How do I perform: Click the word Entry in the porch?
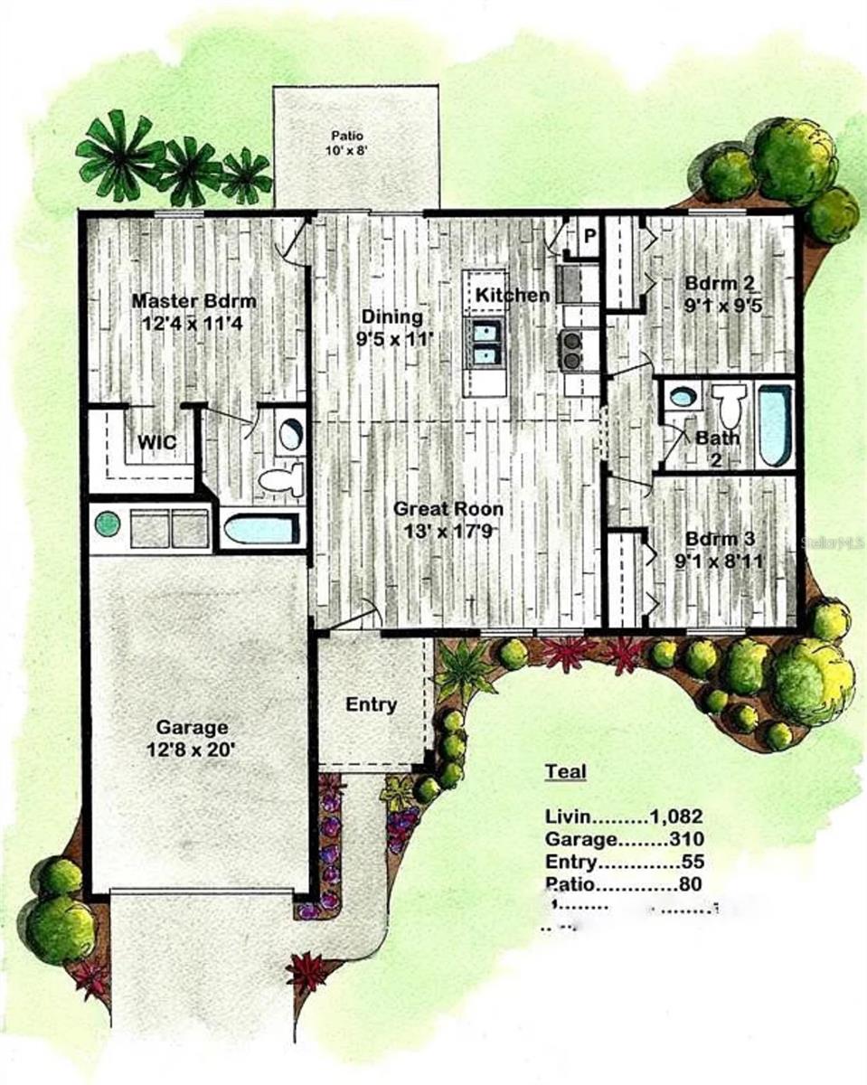372,704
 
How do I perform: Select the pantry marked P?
589,237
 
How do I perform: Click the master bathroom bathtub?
261,528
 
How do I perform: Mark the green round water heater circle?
108,524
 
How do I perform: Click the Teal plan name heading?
565,771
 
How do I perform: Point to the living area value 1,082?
676,816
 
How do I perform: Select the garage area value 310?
684,838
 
